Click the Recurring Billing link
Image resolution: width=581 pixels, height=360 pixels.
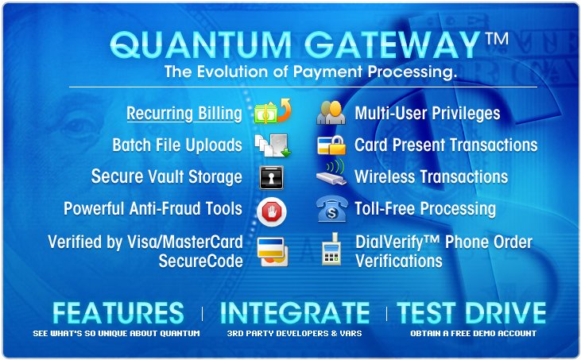coord(184,114)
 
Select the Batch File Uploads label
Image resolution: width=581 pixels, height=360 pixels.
coord(177,145)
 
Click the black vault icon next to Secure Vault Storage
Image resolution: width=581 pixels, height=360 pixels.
coord(271,177)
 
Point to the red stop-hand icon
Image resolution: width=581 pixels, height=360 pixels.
coord(271,211)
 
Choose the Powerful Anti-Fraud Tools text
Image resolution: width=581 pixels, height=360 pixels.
coord(153,209)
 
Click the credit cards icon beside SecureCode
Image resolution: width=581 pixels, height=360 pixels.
coord(271,252)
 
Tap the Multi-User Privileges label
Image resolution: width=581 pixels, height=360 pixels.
coord(427,113)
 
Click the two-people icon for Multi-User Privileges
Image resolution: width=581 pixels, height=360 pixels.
coord(331,113)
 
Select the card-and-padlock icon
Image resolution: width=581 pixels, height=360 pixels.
coord(331,145)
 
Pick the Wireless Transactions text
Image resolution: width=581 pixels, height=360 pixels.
coord(431,176)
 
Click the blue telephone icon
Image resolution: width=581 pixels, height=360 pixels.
coord(331,210)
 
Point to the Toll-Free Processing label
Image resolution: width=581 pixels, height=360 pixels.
coord(424,209)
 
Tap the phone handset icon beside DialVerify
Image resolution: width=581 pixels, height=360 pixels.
coord(331,252)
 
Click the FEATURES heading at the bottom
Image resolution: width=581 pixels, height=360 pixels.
coord(118,312)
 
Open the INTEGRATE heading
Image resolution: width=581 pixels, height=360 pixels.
coord(294,312)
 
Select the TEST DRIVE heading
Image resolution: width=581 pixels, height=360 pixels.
coord(472,312)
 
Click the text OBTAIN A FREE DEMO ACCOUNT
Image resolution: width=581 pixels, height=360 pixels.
coord(473,333)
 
